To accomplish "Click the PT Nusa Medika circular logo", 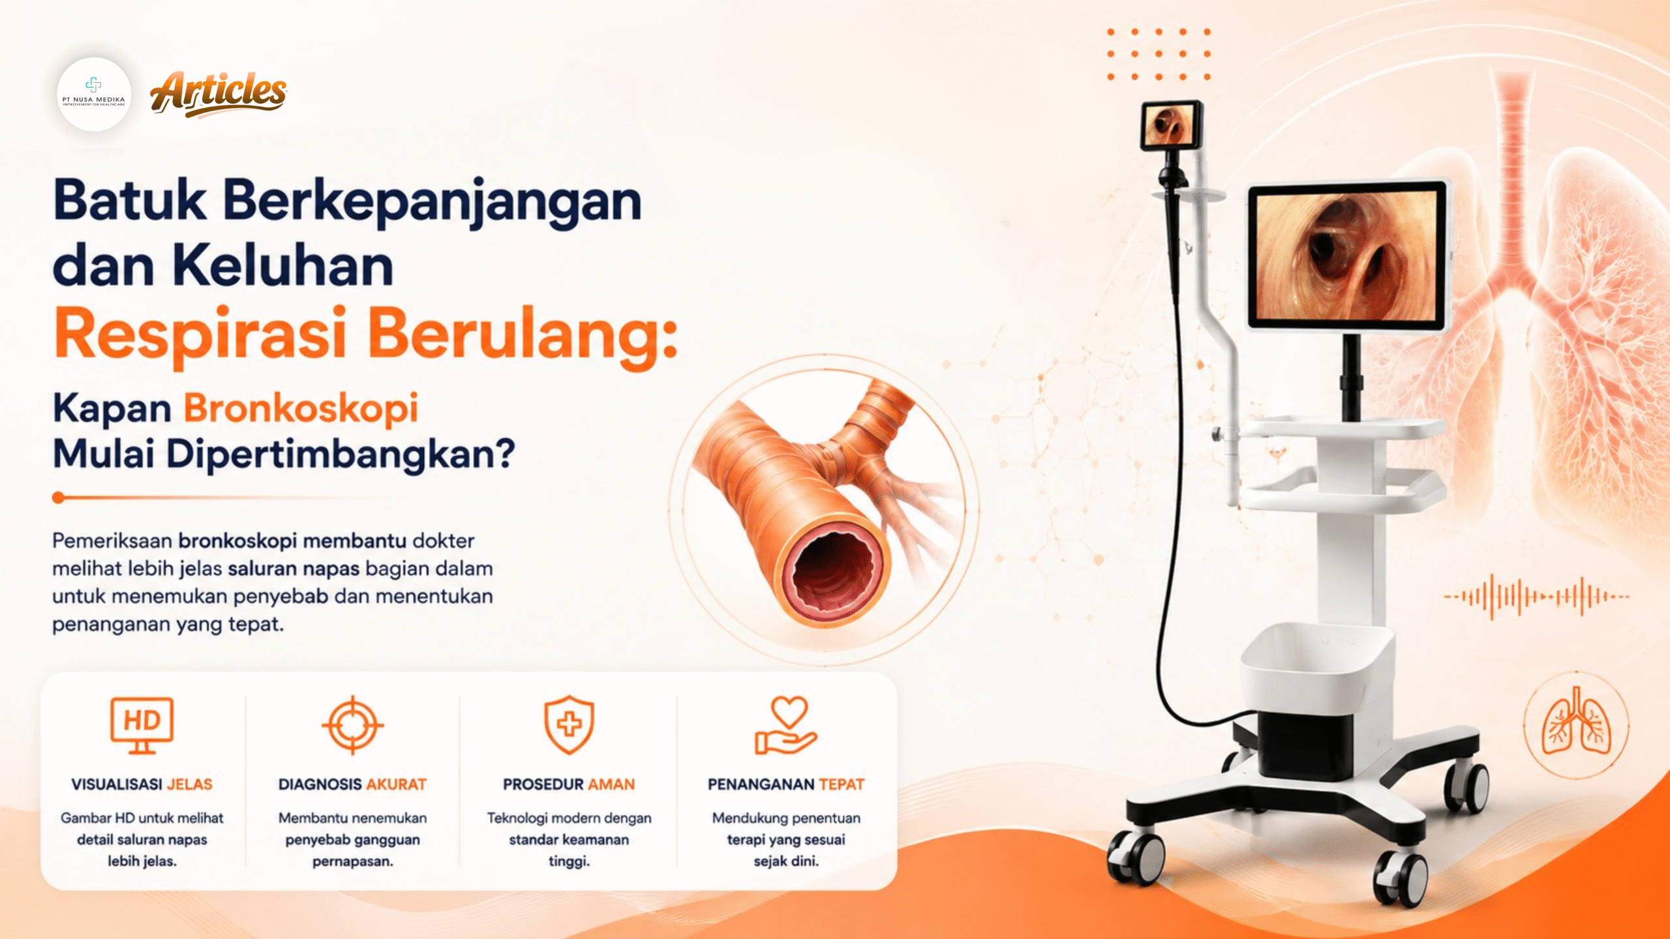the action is pyautogui.click(x=94, y=95).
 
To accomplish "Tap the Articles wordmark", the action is pyautogui.click(x=219, y=94).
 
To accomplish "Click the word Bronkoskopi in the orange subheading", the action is pyautogui.click(x=301, y=409).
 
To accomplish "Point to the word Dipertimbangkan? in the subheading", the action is pyautogui.click(x=341, y=454).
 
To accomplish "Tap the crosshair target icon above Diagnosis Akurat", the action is pyautogui.click(x=353, y=725).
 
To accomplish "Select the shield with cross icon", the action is pyautogui.click(x=569, y=724).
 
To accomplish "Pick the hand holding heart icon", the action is pyautogui.click(x=786, y=725).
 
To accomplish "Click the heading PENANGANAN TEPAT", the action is pyautogui.click(x=786, y=784).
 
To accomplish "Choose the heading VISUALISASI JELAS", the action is pyautogui.click(x=142, y=784).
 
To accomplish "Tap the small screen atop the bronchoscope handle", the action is pyautogui.click(x=1172, y=125).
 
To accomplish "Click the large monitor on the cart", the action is pyautogui.click(x=1348, y=255).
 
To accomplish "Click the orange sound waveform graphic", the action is pyautogui.click(x=1536, y=596).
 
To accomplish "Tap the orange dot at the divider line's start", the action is pyautogui.click(x=58, y=498).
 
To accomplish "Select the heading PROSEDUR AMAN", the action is pyautogui.click(x=569, y=784).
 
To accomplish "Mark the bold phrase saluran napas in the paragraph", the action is pyautogui.click(x=294, y=569).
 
